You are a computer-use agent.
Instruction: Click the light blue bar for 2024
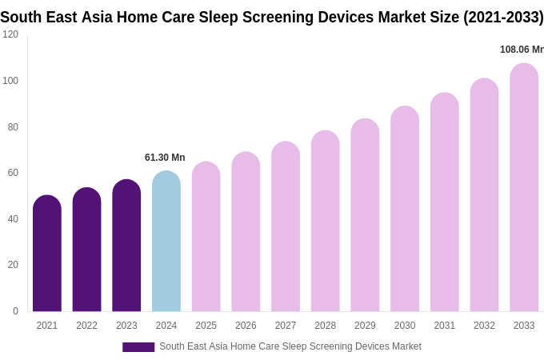tap(166, 242)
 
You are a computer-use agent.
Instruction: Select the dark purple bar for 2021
tap(47, 254)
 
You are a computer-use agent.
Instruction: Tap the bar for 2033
tap(524, 188)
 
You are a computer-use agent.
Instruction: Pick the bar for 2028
tap(326, 222)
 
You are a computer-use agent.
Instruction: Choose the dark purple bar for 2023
tap(126, 246)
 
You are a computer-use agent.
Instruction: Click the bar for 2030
tap(405, 210)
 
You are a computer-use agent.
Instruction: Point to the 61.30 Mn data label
tap(165, 158)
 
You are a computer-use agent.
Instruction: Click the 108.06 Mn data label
tap(522, 50)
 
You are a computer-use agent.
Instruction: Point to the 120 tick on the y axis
tap(10, 34)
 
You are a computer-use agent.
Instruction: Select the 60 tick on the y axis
tap(13, 173)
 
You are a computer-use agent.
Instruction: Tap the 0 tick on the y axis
tap(15, 311)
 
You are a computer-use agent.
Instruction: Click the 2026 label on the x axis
tap(246, 326)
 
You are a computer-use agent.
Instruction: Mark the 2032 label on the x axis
tap(484, 326)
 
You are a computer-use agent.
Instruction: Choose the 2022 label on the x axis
tap(86, 326)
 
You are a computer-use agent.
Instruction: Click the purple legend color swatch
tap(138, 347)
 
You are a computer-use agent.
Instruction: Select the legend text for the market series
tap(290, 346)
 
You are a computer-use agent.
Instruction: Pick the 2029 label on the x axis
tap(365, 326)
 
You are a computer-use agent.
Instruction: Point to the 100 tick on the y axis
tap(10, 81)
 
